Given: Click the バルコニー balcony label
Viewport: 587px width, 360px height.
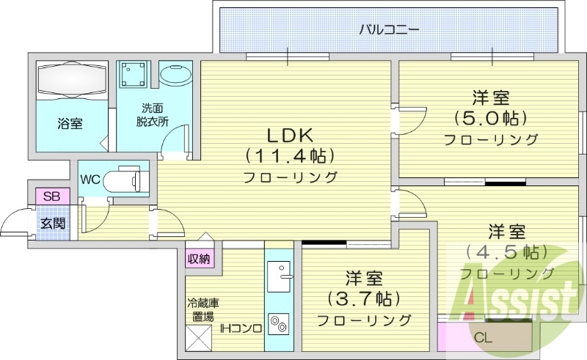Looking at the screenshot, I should point(389,30).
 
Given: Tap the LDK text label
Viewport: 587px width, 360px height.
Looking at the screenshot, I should point(289,135).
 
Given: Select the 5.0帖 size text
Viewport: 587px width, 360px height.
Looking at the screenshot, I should point(491,118).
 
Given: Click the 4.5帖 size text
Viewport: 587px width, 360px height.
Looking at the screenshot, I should point(506,253).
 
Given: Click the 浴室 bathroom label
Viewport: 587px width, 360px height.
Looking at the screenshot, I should point(70,124).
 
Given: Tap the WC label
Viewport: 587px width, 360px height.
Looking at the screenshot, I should point(90,180).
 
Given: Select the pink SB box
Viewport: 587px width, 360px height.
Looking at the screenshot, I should point(51,196).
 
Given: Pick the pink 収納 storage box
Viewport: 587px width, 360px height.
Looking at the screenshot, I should point(199,258).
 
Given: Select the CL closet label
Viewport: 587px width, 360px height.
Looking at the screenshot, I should point(483,338).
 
